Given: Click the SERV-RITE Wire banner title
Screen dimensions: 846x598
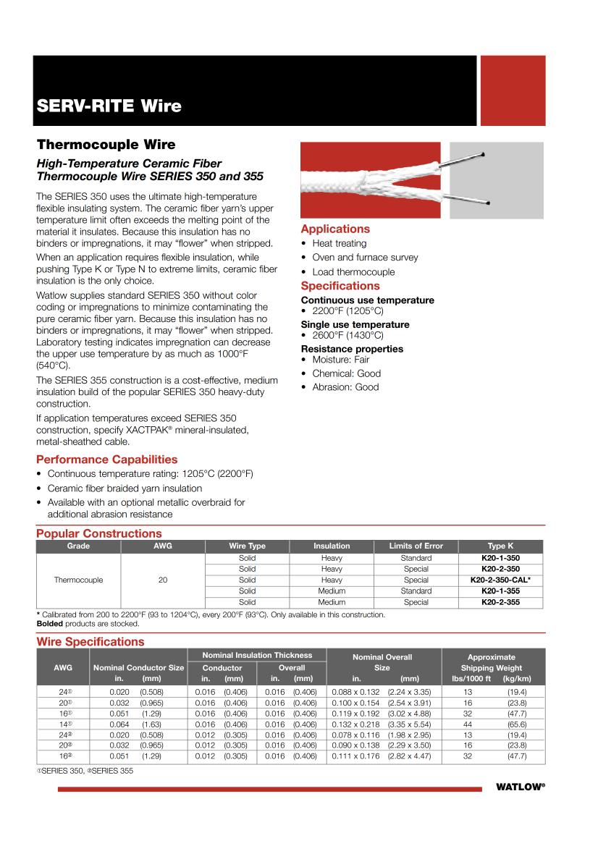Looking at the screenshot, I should coord(109,106).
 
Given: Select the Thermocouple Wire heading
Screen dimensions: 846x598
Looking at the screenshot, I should coord(106,145).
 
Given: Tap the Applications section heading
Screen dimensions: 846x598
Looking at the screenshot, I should coord(335,229).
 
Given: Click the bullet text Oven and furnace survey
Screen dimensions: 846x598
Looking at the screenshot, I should coord(365,258).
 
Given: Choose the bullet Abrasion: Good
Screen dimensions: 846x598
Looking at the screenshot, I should coord(345,387).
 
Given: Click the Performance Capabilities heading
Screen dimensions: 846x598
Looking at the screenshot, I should coord(106,460).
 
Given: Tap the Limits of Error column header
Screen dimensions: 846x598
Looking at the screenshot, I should coord(416,546).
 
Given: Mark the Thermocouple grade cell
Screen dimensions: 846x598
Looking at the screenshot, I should coord(78,580).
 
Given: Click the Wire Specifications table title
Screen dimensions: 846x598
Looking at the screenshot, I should coord(90,642).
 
